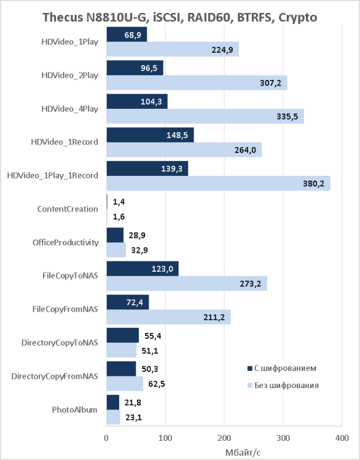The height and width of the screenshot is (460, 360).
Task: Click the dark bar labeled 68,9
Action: click(x=127, y=35)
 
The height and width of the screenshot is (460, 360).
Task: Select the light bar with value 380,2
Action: click(x=218, y=183)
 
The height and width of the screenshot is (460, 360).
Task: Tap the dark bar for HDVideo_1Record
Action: click(x=150, y=135)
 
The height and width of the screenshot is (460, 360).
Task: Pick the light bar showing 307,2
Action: click(x=197, y=83)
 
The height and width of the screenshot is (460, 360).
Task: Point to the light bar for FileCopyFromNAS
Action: click(x=168, y=317)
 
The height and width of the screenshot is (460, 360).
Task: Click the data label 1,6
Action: click(x=119, y=217)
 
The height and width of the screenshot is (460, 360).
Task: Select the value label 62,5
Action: click(x=156, y=384)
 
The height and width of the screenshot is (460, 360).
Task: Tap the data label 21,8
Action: click(x=133, y=402)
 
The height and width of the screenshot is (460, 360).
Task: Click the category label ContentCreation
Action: click(x=68, y=209)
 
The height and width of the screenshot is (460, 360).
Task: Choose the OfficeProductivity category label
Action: click(x=66, y=242)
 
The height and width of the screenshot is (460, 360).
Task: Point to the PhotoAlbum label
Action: click(x=75, y=409)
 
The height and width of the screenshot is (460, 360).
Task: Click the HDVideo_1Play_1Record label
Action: click(x=53, y=175)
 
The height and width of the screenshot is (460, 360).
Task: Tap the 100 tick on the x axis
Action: click(x=165, y=438)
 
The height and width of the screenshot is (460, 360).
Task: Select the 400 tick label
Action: click(x=342, y=438)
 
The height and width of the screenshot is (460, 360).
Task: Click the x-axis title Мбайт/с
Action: click(x=243, y=452)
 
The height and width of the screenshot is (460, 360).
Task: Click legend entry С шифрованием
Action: click(x=282, y=368)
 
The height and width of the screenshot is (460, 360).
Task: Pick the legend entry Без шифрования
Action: click(x=283, y=385)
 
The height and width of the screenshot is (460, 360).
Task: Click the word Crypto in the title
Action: click(x=298, y=18)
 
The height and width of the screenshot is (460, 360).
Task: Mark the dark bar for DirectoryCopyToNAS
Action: click(x=123, y=335)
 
